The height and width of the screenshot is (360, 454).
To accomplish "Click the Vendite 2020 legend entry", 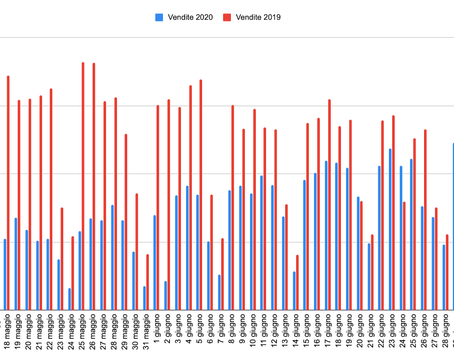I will [184, 17].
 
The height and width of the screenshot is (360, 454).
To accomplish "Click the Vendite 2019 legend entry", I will [252, 17].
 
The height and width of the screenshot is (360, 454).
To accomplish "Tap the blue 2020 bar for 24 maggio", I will [70, 299].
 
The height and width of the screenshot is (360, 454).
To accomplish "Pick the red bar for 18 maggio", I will [8, 193].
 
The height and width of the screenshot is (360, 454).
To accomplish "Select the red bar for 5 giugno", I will [201, 195].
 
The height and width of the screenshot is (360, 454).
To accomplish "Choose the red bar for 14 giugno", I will [297, 282].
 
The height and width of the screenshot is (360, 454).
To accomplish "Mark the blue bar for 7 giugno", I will [219, 292].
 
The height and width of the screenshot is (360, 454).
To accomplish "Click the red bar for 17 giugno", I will [330, 205].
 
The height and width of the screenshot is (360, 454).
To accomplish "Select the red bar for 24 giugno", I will [404, 256].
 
